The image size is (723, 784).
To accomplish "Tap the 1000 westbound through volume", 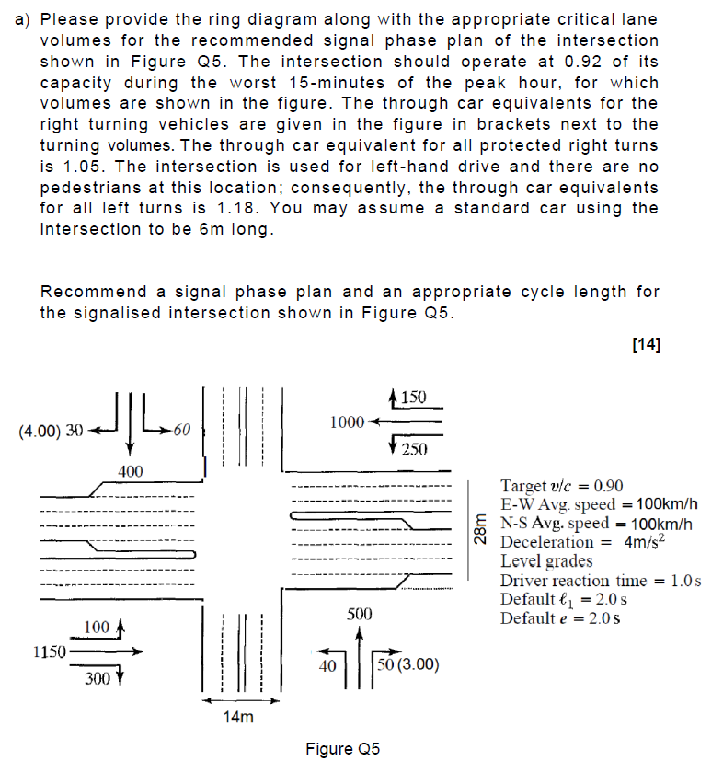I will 346,421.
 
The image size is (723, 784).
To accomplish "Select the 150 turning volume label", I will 415,397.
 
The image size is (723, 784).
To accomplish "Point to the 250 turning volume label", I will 415,448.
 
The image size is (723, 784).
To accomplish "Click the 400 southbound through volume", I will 130,471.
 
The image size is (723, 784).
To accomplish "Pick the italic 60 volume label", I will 181,429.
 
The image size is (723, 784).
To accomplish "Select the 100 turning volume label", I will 96,628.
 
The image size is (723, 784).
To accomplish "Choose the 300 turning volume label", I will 96,679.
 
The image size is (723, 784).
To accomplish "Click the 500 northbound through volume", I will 360,614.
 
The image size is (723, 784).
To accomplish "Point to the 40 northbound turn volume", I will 325,665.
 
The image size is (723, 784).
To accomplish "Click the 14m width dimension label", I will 237,717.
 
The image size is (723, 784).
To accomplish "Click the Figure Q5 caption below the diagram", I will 342,749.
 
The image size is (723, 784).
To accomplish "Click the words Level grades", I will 546,560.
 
